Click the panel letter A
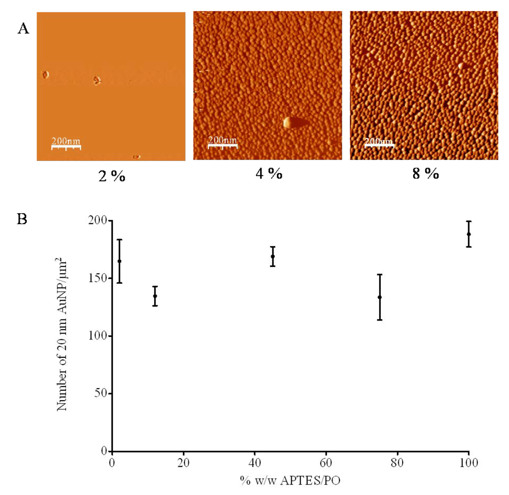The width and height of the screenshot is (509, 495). (x=23, y=29)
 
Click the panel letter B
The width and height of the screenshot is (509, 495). (x=23, y=219)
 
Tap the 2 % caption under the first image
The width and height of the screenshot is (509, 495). (x=111, y=175)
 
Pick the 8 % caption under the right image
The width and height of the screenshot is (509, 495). (x=424, y=174)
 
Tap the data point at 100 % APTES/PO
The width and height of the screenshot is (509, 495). (x=469, y=234)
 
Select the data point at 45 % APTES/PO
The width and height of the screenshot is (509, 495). (x=273, y=256)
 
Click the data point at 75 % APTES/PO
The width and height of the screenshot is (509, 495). (x=380, y=297)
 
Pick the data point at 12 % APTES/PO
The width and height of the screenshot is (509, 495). (x=155, y=296)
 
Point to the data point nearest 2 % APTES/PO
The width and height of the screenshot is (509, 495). (x=119, y=261)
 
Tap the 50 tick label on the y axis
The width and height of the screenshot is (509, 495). (x=101, y=394)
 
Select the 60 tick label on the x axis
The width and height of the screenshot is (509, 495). (x=326, y=463)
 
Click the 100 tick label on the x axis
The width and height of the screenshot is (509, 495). (x=469, y=463)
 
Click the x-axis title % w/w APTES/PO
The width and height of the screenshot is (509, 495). (x=290, y=481)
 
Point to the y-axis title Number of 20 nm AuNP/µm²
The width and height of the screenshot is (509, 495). (x=63, y=335)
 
